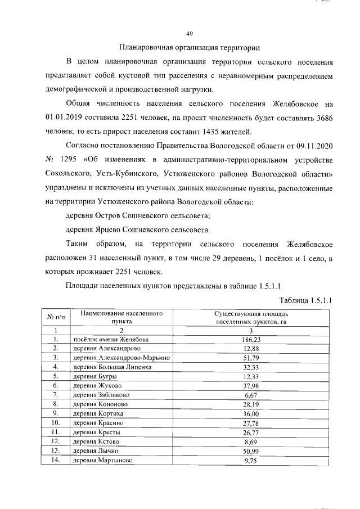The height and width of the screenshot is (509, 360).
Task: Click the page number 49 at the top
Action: coord(190,33)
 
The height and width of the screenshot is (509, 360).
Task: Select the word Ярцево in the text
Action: coord(109,230)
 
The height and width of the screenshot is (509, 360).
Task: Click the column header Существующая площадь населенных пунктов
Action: coord(251,317)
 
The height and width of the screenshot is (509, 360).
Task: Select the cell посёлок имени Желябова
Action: coord(111,340)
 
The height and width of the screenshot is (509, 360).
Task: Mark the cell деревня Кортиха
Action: coord(99,413)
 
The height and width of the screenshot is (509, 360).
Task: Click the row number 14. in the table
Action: coord(56,460)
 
